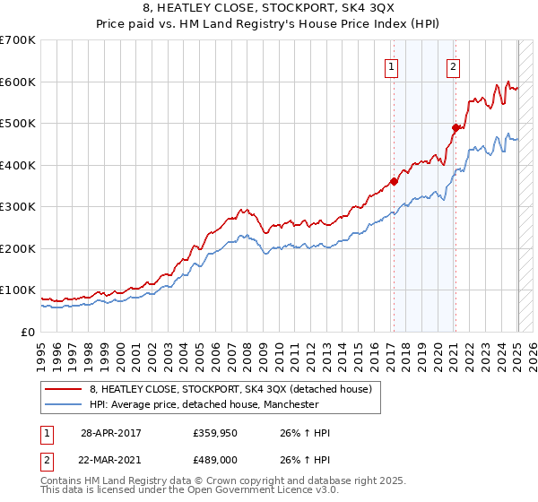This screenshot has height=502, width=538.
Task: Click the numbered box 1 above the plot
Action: (x=393, y=65)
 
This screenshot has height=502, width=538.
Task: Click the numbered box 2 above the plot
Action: (x=454, y=65)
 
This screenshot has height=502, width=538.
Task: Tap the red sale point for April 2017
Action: (x=394, y=182)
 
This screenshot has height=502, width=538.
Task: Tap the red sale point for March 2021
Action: (x=455, y=128)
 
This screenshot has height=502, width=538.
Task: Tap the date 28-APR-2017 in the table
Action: (x=110, y=433)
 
